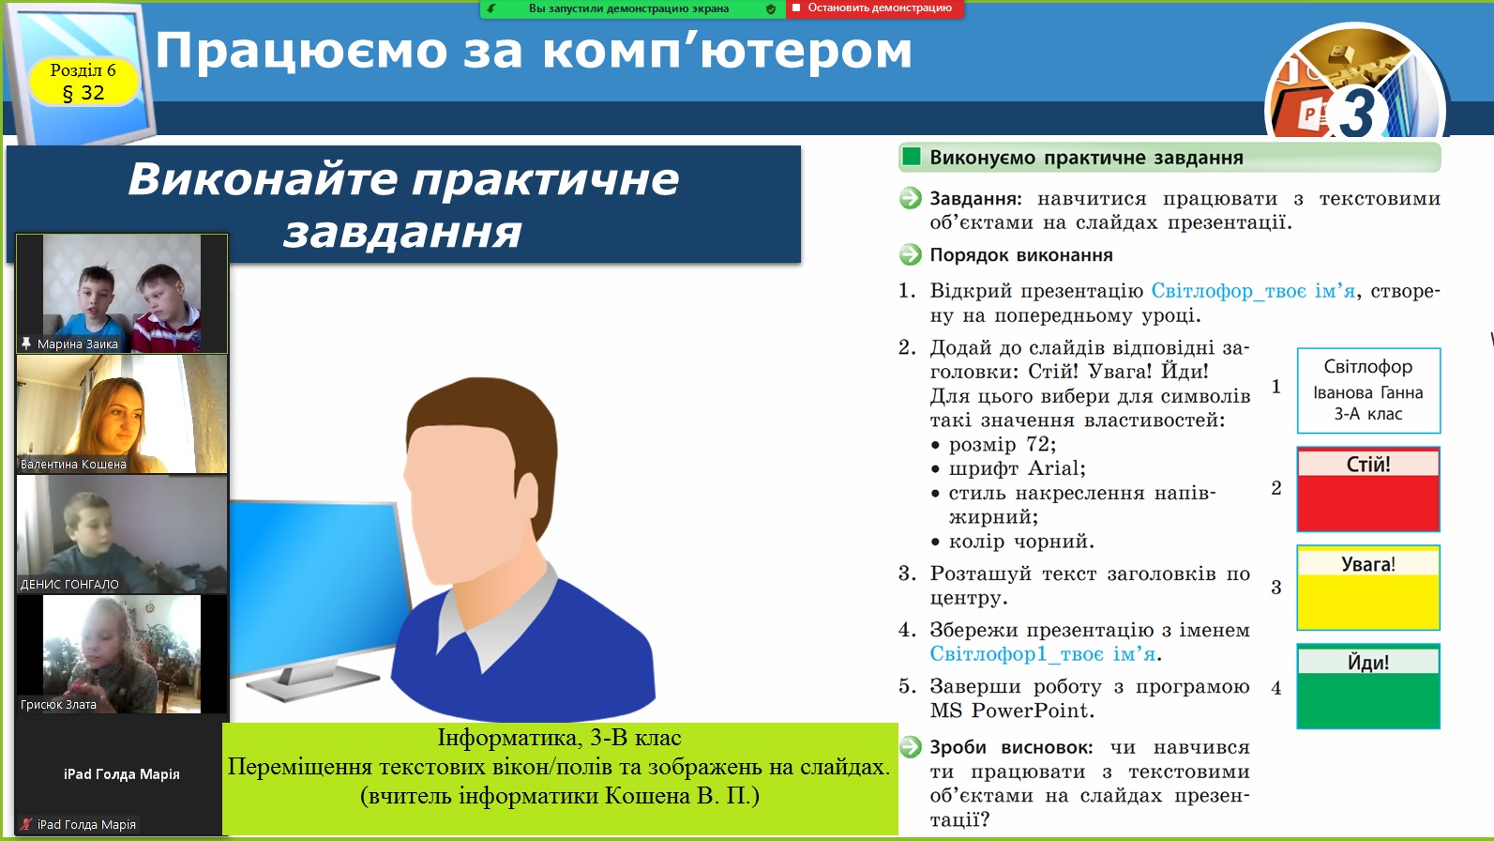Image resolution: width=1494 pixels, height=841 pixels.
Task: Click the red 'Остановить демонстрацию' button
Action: (874, 8)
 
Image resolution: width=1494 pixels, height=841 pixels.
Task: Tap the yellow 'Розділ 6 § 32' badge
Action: (84, 82)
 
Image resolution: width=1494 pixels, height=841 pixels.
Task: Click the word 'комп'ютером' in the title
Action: (727, 51)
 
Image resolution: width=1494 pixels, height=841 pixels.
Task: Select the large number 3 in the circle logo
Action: (1357, 112)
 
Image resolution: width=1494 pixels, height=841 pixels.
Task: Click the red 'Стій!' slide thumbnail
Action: (1368, 489)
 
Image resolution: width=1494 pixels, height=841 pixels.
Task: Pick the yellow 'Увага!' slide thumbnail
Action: (1368, 588)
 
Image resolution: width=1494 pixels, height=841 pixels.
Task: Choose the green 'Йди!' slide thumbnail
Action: (1368, 686)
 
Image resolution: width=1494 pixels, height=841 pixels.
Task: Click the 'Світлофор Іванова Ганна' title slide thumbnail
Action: (1368, 390)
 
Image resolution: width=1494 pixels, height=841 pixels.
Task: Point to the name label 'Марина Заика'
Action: (77, 344)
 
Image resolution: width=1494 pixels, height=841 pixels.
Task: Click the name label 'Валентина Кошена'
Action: (73, 464)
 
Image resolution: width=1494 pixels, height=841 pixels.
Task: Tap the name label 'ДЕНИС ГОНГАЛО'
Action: (69, 584)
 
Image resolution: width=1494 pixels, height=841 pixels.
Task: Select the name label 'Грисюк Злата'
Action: (58, 704)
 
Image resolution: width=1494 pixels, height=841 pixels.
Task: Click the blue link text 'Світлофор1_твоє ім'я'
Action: (1043, 653)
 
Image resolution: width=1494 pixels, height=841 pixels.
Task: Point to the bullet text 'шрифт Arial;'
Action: (1018, 467)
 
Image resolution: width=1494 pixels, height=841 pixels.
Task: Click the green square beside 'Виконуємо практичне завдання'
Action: (911, 158)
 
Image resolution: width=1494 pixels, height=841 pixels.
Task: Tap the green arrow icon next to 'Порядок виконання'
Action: (911, 254)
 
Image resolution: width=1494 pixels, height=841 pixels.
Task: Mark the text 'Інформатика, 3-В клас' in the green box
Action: (559, 738)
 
